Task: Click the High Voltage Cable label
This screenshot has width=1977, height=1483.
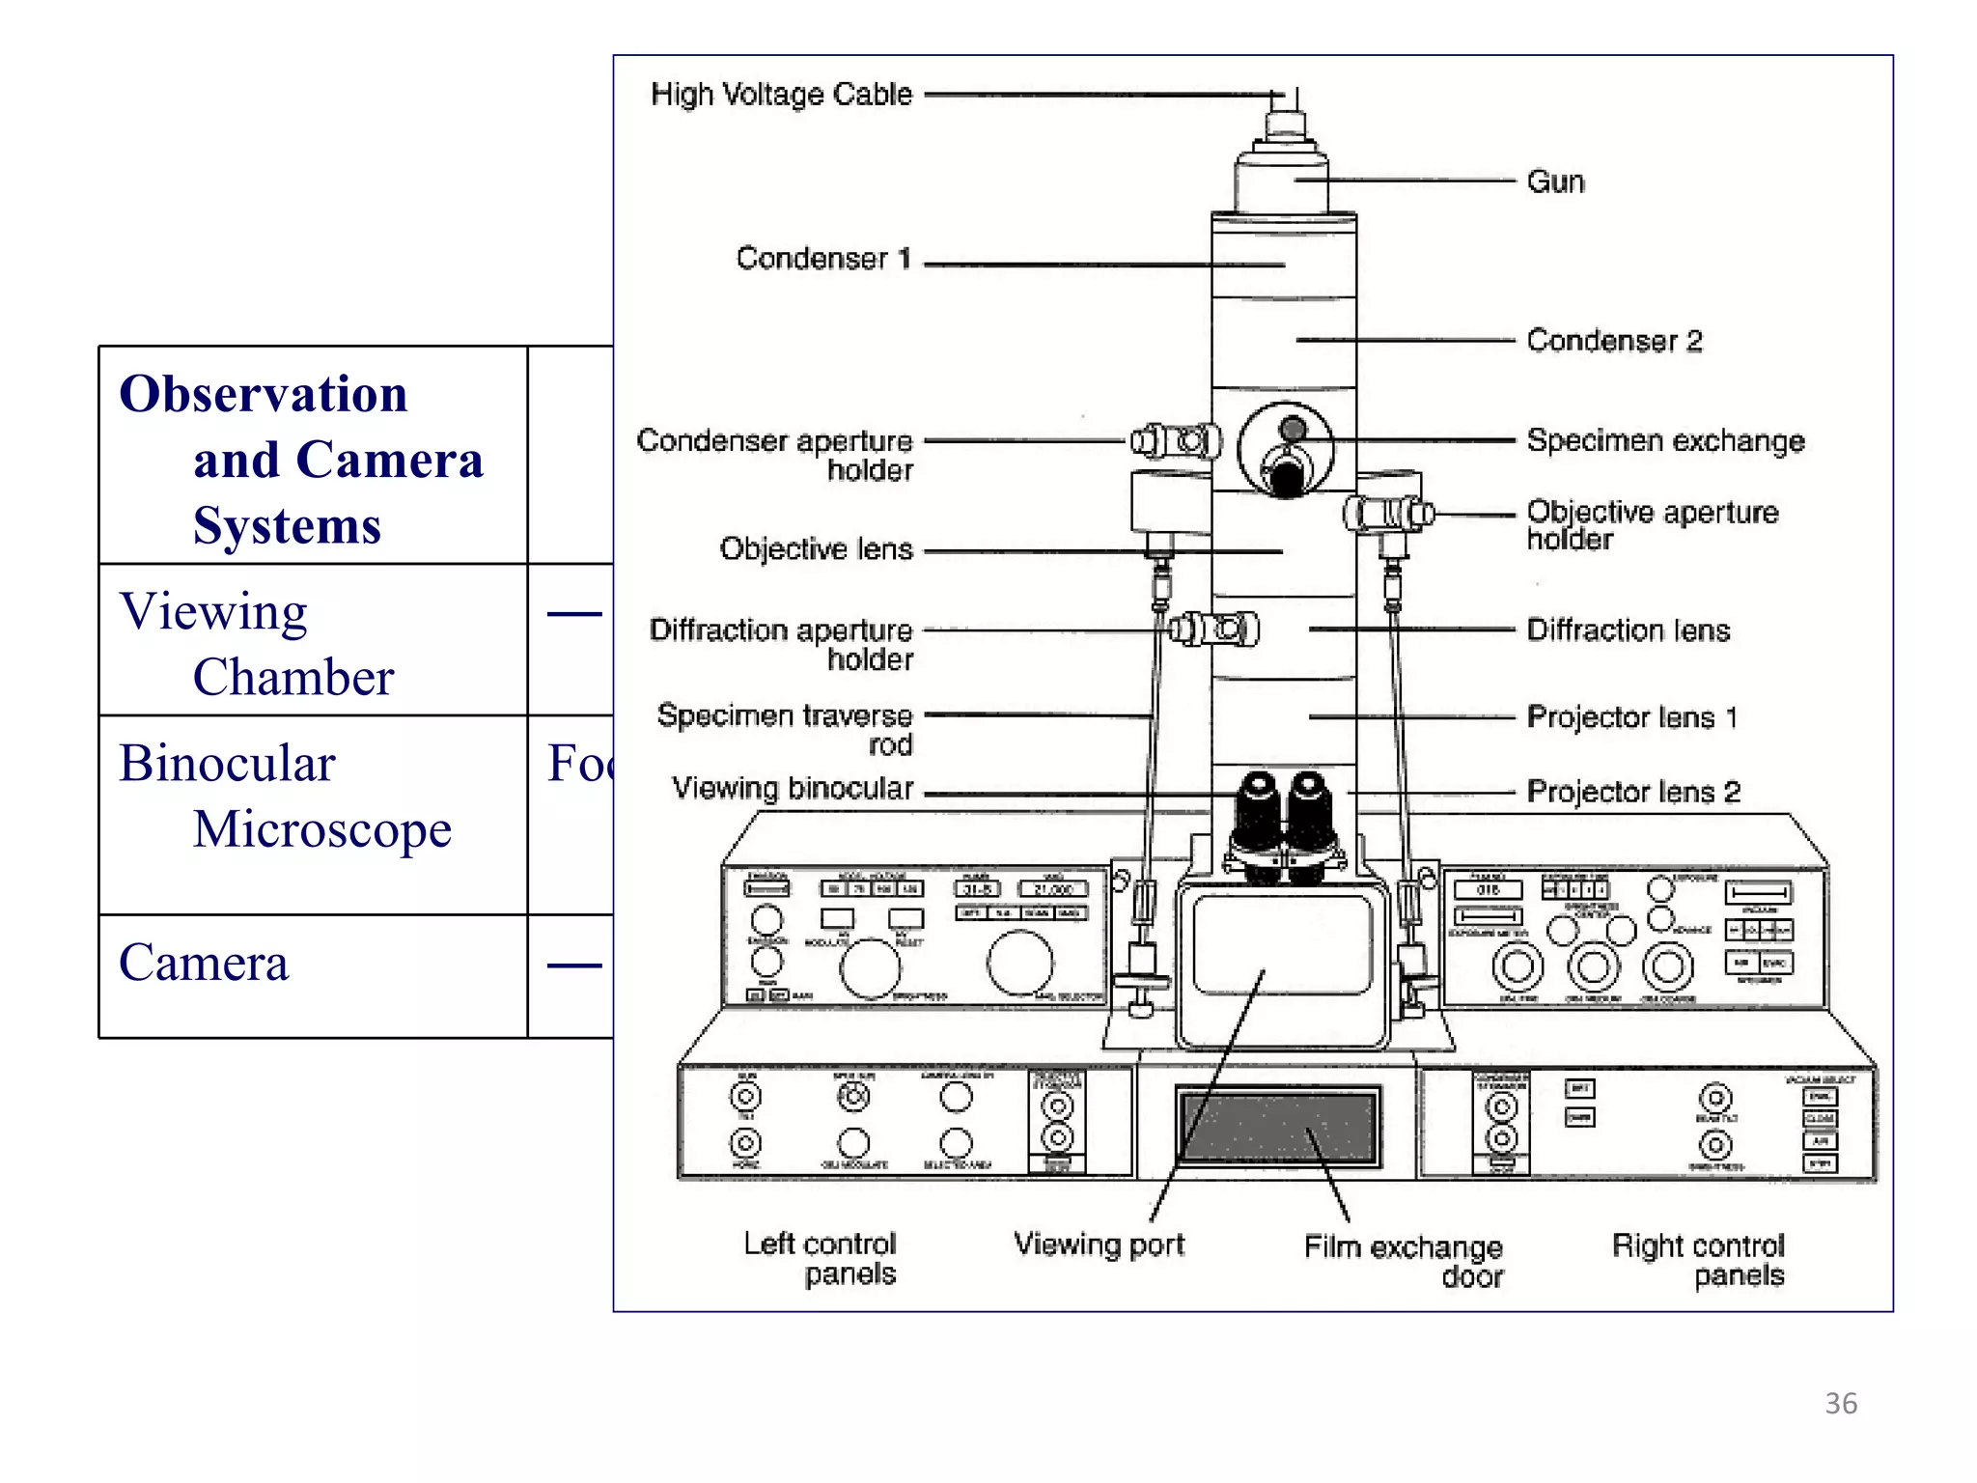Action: click(x=781, y=95)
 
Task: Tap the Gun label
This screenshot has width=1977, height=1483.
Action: click(x=1555, y=182)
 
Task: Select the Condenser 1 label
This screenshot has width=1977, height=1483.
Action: click(x=822, y=259)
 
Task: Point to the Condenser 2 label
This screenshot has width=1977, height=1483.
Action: click(x=1614, y=341)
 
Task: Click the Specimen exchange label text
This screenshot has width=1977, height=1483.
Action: click(x=1665, y=441)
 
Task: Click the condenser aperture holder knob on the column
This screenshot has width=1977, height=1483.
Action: click(x=1176, y=442)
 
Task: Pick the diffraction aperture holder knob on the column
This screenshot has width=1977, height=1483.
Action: click(x=1214, y=630)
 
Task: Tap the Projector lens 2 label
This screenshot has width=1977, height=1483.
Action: click(x=1633, y=793)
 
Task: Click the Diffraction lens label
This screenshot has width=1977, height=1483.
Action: click(x=1628, y=630)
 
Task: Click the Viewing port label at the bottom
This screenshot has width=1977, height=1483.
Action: click(x=1099, y=1245)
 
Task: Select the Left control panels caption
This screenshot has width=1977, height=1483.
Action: click(x=821, y=1258)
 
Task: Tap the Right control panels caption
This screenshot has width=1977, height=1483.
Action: click(x=1698, y=1260)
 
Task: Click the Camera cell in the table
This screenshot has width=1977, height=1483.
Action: click(x=204, y=963)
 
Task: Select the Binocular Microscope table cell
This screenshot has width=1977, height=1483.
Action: click(x=285, y=797)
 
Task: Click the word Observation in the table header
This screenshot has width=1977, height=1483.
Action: click(x=263, y=394)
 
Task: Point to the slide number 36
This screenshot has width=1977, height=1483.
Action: click(x=1840, y=1403)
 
